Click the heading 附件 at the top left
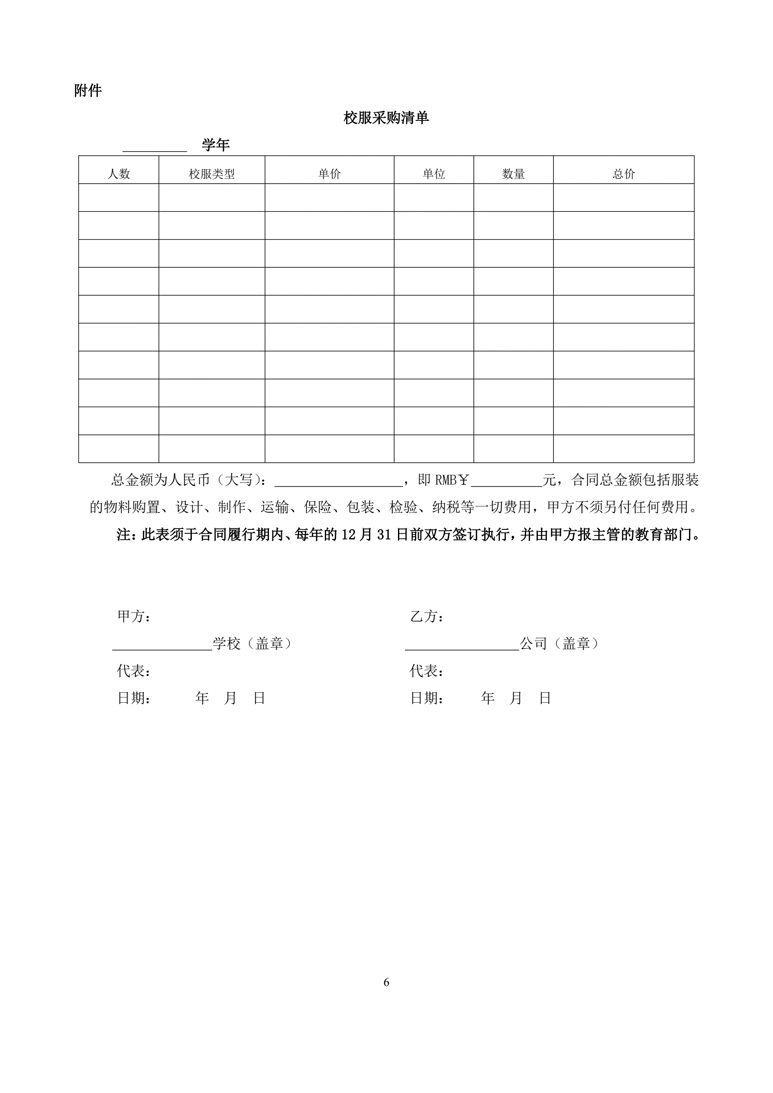(x=87, y=91)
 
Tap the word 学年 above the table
(x=216, y=145)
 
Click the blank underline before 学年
(x=155, y=146)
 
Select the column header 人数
(x=119, y=174)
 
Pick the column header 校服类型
(x=212, y=174)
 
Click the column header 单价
(x=330, y=174)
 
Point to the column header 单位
(x=433, y=174)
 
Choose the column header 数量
(x=513, y=174)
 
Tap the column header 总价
(x=624, y=174)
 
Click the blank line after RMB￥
(x=506, y=481)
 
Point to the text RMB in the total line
(x=446, y=480)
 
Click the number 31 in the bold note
(x=384, y=535)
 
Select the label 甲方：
(x=134, y=616)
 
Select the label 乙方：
(x=427, y=616)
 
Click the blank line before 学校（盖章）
(x=162, y=645)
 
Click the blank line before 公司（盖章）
(x=462, y=645)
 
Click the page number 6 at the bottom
(x=386, y=982)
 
